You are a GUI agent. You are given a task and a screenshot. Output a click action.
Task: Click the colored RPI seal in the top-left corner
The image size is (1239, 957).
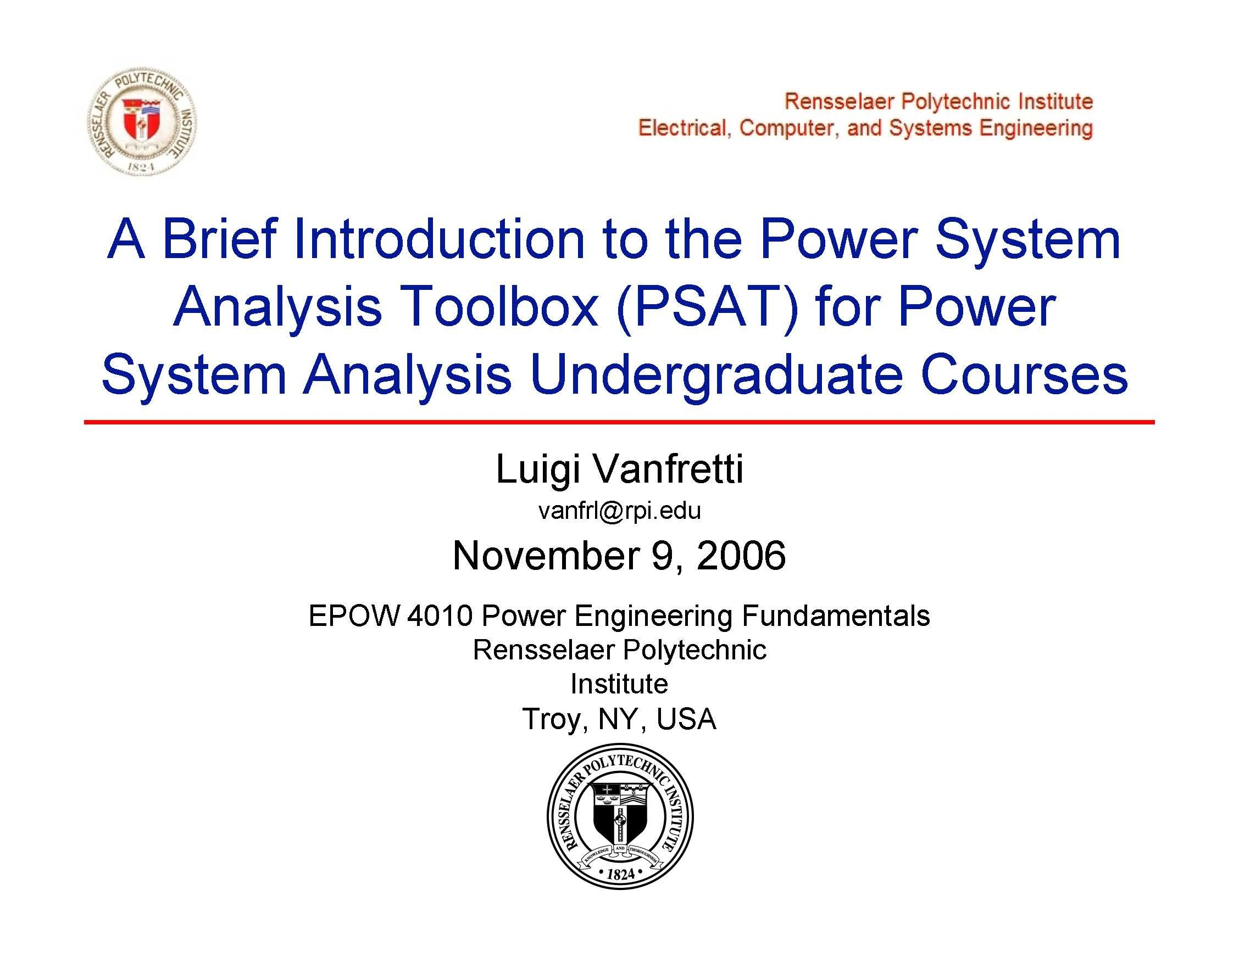tap(141, 121)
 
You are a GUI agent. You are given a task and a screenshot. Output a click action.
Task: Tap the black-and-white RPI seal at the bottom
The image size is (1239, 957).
tap(620, 817)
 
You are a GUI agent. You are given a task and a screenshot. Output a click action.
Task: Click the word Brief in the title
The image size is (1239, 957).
tap(220, 239)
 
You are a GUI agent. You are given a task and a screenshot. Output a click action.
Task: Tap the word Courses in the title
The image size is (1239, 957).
tap(1025, 375)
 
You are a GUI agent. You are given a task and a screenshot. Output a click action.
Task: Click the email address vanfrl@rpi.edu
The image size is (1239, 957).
tap(620, 511)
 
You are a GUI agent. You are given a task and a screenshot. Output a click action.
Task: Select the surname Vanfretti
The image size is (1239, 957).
tap(668, 469)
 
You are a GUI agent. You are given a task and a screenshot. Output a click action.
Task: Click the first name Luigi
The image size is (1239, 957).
tap(538, 471)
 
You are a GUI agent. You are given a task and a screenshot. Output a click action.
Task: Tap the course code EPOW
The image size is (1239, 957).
tap(353, 616)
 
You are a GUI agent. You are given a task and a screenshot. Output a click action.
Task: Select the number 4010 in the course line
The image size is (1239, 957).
tap(439, 616)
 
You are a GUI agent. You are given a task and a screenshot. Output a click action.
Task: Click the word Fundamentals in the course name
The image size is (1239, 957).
tap(836, 616)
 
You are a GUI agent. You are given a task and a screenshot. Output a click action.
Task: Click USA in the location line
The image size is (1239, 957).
tap(686, 719)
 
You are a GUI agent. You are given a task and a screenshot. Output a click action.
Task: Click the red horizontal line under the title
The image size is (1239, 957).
tap(620, 422)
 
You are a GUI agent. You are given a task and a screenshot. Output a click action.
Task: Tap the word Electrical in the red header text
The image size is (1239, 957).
tap(681, 128)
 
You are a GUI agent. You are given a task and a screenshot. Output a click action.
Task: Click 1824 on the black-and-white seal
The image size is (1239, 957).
tap(620, 874)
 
